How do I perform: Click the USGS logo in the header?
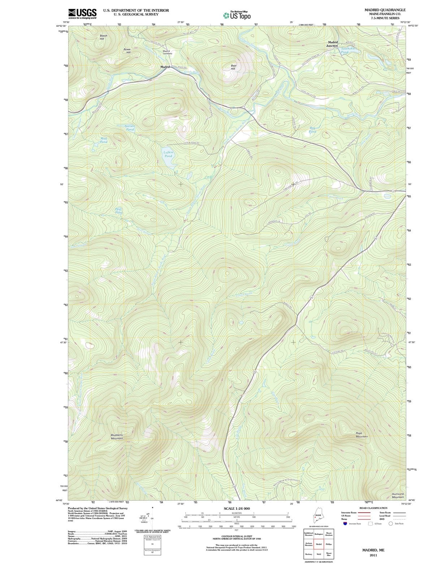tap(82, 13)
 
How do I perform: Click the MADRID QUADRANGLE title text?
tap(385, 10)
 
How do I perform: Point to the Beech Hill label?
tap(103, 37)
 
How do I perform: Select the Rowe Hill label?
tap(127, 51)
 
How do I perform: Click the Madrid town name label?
tap(165, 67)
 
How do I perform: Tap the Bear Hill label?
tap(233, 67)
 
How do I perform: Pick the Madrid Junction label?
tap(332, 44)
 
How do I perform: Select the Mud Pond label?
tap(104, 140)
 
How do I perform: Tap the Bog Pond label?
tap(313, 130)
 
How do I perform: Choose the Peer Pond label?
tap(119, 211)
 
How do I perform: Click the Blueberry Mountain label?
tap(117, 436)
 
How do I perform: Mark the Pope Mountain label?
tap(362, 435)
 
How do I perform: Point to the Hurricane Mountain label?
tap(398, 495)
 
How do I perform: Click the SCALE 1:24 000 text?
tap(237, 508)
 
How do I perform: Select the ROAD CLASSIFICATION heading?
tap(373, 508)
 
